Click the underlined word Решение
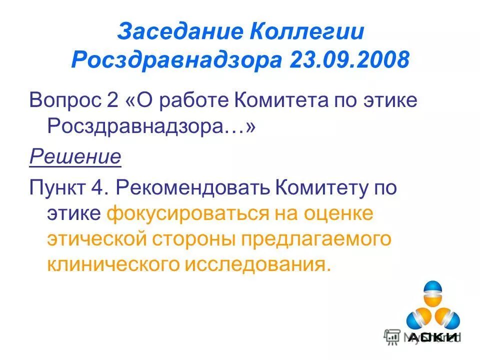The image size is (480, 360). click(x=75, y=157)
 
